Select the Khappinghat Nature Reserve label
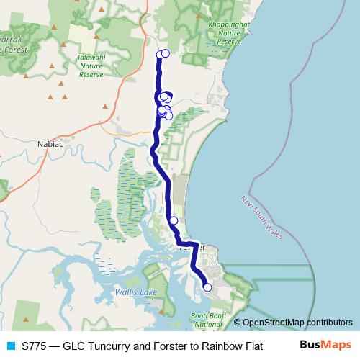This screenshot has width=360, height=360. coord(228,33)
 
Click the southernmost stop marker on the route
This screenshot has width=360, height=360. coord(208,287)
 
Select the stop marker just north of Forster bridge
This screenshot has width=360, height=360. coord(174,220)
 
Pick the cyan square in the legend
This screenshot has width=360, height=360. coord(10,346)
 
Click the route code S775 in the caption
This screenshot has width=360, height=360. coord(35,346)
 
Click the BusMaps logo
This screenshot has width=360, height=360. coord(326,345)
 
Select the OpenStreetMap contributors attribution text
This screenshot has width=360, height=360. coord(297,323)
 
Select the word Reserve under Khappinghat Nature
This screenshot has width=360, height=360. coord(228,42)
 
